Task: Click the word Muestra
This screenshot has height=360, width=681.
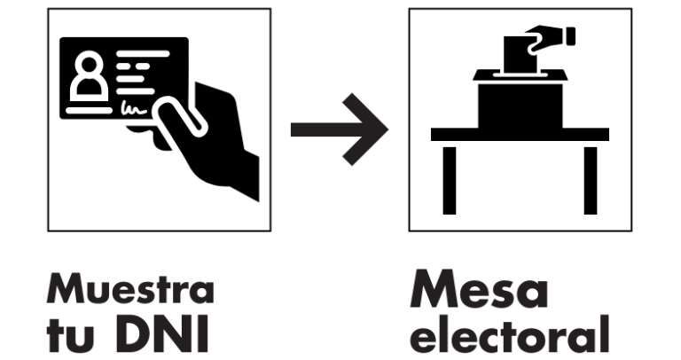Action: point(130,288)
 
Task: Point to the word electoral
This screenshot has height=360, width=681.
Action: point(510,334)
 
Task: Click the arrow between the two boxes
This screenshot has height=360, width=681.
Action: point(340,129)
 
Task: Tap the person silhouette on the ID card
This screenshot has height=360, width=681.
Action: point(90,76)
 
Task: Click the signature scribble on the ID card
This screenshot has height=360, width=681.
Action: point(134,108)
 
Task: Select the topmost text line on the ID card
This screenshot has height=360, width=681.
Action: point(143,54)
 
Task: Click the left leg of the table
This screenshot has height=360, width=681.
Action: point(450,181)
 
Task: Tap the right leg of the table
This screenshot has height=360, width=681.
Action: point(591,181)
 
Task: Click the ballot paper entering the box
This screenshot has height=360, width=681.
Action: point(520,55)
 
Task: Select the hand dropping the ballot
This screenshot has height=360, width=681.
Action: point(550,38)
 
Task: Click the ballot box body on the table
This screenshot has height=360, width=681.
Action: point(521,106)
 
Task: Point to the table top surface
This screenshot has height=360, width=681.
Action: point(520,134)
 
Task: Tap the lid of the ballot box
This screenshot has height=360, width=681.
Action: point(520,74)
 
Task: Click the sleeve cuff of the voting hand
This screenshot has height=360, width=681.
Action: point(571,36)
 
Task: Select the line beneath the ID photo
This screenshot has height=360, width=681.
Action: point(89,110)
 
